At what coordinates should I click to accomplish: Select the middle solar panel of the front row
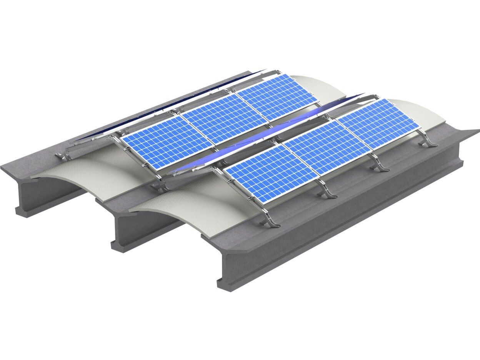pyautogui.click(x=327, y=148)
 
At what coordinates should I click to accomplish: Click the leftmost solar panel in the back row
pyautogui.click(x=167, y=142)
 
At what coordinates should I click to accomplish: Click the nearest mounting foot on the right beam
pyautogui.click(x=269, y=222)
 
